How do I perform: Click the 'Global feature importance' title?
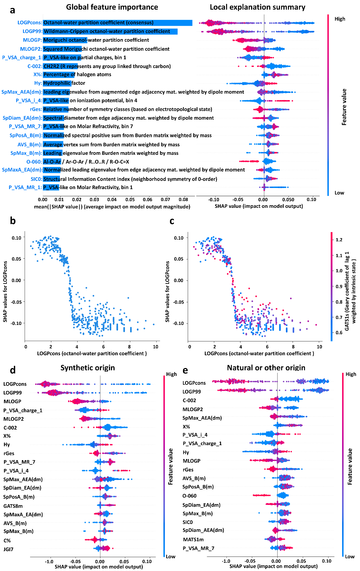(112, 7)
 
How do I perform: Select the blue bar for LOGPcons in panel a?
(117, 23)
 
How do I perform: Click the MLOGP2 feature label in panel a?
(31, 49)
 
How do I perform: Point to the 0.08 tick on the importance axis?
(184, 200)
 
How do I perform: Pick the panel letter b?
(13, 221)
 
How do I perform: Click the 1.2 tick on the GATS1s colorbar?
(339, 240)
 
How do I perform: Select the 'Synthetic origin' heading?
(88, 368)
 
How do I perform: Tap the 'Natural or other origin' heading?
(266, 368)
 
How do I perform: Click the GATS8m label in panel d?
(13, 506)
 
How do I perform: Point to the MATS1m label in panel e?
(193, 540)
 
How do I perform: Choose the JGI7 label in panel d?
(9, 549)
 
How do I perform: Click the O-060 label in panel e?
(190, 496)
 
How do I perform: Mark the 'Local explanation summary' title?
(258, 7)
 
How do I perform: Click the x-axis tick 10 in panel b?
(156, 347)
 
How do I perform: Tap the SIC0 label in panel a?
(36, 179)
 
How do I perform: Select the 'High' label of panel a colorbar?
(340, 19)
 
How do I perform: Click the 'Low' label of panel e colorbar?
(350, 557)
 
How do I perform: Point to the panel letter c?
(172, 221)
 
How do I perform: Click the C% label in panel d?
(7, 541)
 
